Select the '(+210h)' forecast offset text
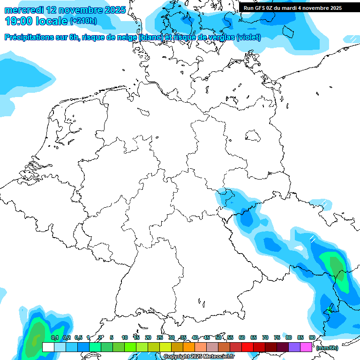click(83, 21)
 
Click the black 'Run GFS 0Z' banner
click(292, 8)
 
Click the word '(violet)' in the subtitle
click(249, 37)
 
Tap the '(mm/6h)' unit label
click(327, 348)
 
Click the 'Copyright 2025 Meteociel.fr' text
click(199, 356)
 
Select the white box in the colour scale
click(48, 347)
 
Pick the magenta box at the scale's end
click(306, 347)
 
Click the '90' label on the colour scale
click(312, 337)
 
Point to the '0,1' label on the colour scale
click(54, 337)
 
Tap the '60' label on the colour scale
click(242, 337)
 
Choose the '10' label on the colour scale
click(125, 337)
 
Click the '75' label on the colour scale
click(277, 337)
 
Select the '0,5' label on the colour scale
click(78, 337)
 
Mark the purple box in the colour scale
click(294, 347)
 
